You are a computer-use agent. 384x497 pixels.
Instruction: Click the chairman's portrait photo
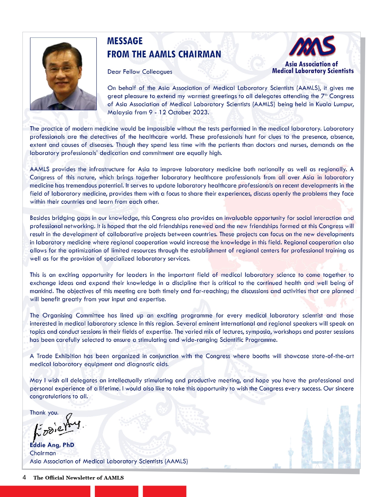point(63,74)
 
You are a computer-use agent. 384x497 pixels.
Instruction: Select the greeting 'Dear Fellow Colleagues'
point(140,72)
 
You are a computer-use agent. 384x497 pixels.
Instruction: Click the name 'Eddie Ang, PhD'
point(52,445)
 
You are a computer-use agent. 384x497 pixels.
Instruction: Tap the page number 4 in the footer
point(24,477)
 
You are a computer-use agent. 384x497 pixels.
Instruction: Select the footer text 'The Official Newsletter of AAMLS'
point(78,478)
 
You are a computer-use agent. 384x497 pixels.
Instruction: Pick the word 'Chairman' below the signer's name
point(43,453)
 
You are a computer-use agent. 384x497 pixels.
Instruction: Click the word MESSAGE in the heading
point(125,41)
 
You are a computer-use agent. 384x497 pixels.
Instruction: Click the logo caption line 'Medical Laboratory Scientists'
point(313,71)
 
